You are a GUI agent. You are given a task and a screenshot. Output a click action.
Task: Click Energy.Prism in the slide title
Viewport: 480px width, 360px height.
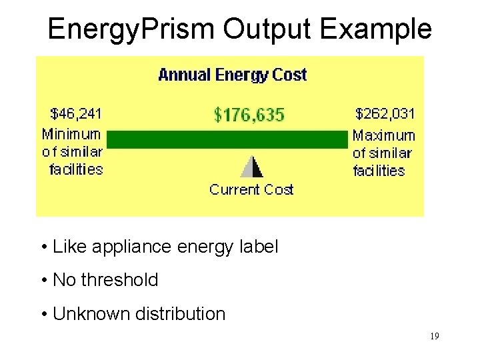(131, 29)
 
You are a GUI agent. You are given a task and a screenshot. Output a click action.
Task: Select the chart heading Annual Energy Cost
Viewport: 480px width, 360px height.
(232, 75)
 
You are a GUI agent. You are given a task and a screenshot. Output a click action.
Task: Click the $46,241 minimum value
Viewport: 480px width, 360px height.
(76, 113)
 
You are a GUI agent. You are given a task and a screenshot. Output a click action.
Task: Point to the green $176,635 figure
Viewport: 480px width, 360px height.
(249, 115)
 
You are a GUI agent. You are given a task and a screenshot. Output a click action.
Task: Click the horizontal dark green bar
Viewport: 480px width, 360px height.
(228, 139)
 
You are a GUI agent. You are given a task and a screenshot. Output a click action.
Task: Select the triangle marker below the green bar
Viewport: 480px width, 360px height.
(251, 166)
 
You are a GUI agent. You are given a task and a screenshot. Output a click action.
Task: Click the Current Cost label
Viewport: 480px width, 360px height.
(251, 190)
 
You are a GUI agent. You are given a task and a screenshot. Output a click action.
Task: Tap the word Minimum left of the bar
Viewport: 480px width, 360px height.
(71, 133)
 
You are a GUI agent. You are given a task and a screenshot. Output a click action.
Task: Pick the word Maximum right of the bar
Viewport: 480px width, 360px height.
(384, 135)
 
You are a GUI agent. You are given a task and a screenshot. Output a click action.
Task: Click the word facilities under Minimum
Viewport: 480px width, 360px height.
(76, 169)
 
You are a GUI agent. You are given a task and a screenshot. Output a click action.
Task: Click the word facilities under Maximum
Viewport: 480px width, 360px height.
(379, 171)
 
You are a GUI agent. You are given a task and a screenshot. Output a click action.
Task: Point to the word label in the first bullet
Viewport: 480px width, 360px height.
(261, 247)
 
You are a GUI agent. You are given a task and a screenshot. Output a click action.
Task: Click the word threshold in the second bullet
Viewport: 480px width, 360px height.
(119, 280)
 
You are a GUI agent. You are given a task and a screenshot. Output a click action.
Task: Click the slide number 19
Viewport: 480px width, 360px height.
(434, 337)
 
